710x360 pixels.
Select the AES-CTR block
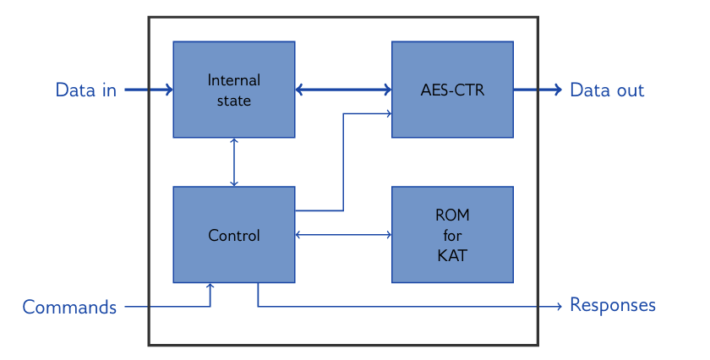[452, 118]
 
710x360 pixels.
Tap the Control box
[234, 258]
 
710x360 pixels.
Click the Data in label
[86, 90]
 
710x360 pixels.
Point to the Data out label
[607, 90]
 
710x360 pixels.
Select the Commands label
[69, 307]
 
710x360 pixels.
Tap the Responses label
[613, 305]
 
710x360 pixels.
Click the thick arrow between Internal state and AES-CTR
[343, 90]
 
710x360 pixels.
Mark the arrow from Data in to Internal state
[149, 90]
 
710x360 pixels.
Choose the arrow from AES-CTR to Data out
[538, 90]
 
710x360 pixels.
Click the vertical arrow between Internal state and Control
[234, 161]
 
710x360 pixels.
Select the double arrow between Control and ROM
[343, 234]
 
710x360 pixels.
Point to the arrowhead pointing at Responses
[559, 306]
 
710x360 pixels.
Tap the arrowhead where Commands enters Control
[210, 286]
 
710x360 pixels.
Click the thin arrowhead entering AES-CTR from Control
[388, 113]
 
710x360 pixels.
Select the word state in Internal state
[234, 100]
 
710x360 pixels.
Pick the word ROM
[452, 215]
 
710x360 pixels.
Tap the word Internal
[234, 81]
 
